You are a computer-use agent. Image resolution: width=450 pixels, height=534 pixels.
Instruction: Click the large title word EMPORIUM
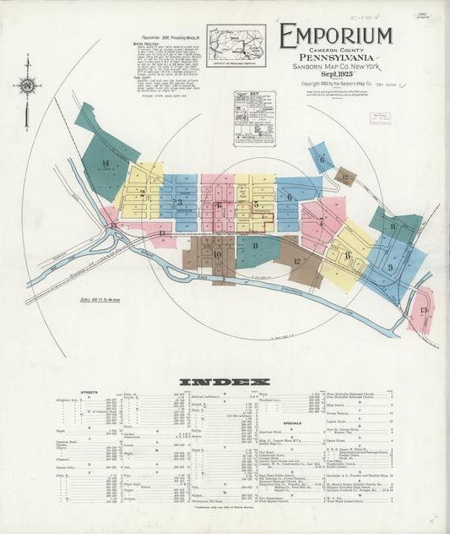(x=335, y=36)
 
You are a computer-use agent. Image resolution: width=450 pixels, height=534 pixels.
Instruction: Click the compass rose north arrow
(x=27, y=84)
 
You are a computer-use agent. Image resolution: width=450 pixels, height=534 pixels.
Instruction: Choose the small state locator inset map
(x=236, y=44)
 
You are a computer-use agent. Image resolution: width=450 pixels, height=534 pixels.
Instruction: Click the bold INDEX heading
(x=225, y=382)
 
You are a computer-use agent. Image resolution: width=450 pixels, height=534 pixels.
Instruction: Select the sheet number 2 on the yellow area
(x=143, y=193)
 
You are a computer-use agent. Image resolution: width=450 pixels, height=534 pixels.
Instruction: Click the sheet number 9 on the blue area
(x=389, y=266)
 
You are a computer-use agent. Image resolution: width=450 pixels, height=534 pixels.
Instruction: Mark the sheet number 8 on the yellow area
(x=346, y=254)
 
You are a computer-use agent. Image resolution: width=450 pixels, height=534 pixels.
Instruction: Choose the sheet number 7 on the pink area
(x=321, y=222)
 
